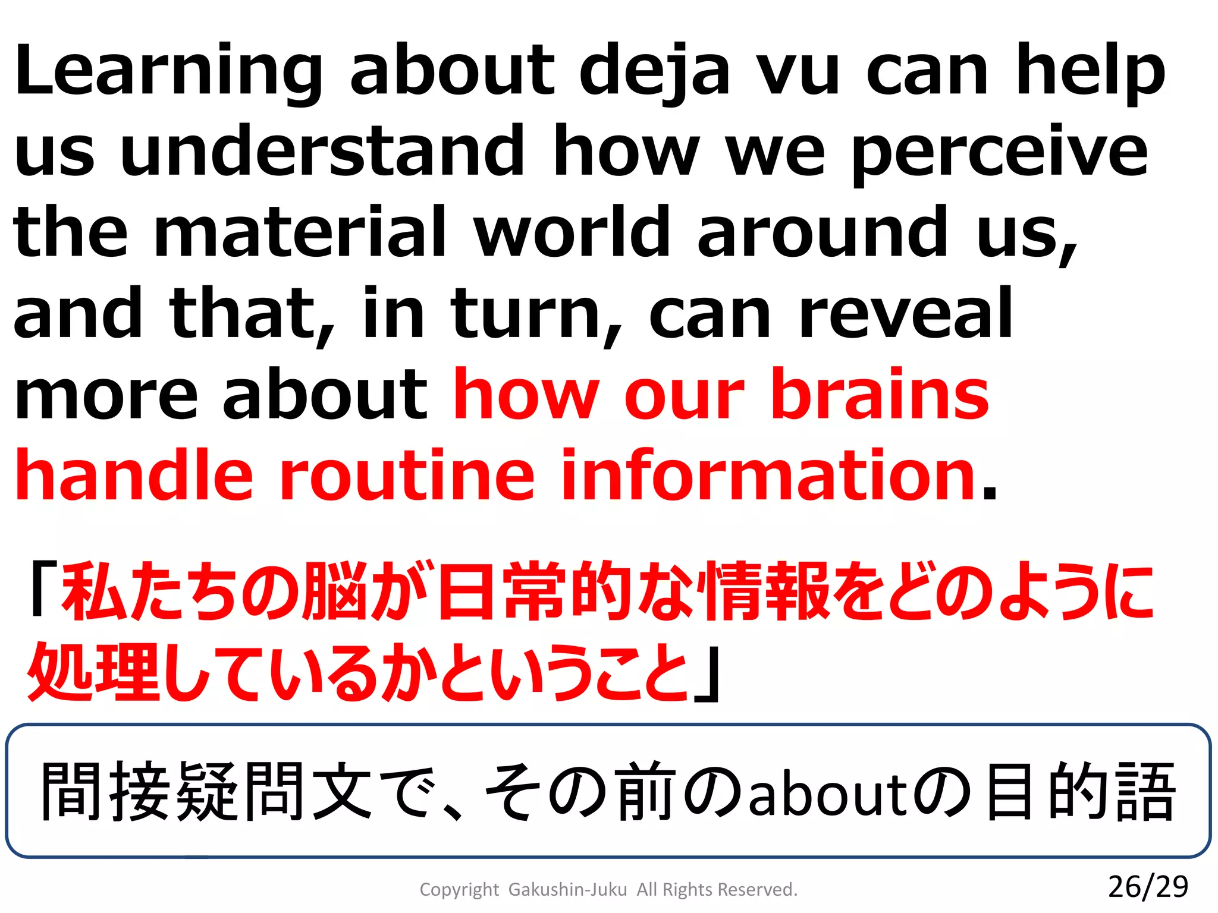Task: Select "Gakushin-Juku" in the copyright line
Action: pyautogui.click(x=567, y=890)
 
